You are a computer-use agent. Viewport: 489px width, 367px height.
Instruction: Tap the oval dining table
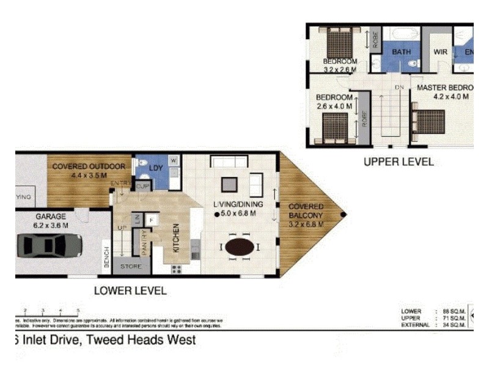tap(240, 247)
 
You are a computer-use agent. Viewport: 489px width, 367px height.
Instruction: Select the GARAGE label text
tap(52, 217)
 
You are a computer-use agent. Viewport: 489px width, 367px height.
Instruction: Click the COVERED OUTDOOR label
tap(89, 166)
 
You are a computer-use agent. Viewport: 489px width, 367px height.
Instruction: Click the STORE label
tap(131, 266)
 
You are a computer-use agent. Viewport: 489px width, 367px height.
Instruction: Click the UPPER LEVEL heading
tap(399, 162)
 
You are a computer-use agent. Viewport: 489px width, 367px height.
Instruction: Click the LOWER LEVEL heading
tap(130, 291)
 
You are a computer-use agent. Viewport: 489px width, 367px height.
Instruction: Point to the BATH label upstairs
tap(402, 53)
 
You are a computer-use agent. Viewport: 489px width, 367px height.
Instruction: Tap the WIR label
tap(441, 53)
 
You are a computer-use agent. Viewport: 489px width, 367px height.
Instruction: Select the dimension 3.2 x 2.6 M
tap(340, 70)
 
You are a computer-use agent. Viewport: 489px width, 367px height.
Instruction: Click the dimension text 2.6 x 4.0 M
tap(334, 106)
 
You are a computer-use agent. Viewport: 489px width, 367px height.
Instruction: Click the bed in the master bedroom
tap(430, 121)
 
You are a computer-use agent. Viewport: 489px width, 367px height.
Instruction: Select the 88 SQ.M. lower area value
tap(452, 311)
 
